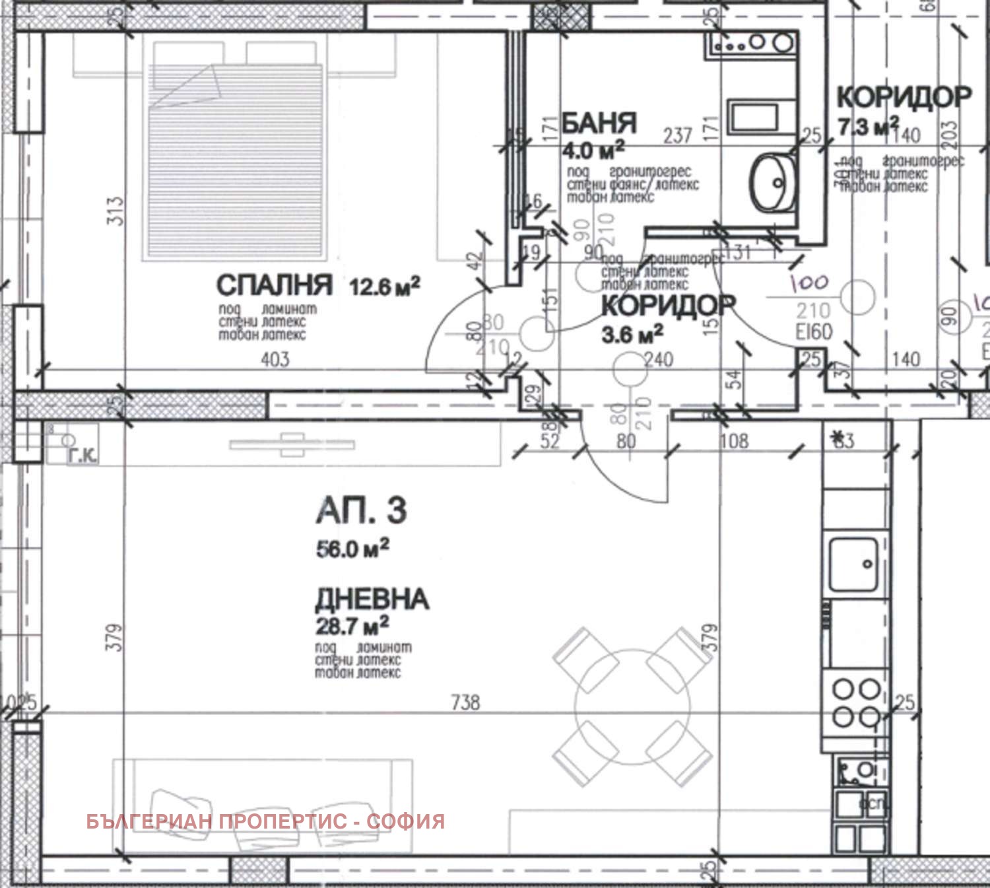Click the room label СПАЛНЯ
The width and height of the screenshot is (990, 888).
click(x=274, y=285)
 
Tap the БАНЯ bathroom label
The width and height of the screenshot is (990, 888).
click(x=599, y=123)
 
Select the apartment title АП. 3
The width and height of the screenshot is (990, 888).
click(x=361, y=511)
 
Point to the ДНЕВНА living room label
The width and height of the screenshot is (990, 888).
click(x=372, y=599)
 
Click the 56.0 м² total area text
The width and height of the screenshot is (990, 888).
click(x=352, y=548)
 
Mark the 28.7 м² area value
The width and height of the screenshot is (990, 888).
click(x=352, y=625)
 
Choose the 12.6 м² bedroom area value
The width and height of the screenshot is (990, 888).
click(x=384, y=287)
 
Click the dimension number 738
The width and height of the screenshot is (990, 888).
click(x=465, y=702)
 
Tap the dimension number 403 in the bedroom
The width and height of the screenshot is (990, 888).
click(x=275, y=359)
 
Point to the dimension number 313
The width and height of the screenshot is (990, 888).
click(x=115, y=211)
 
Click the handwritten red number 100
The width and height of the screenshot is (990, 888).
click(x=810, y=283)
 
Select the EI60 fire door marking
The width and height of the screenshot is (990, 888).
click(x=814, y=331)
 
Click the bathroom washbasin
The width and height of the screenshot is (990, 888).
click(x=773, y=182)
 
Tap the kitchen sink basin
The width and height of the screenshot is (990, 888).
click(x=853, y=564)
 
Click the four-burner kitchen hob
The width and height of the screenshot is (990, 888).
click(x=856, y=702)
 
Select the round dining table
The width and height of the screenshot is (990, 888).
click(x=632, y=707)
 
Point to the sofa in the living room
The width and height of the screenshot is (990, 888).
click(x=263, y=805)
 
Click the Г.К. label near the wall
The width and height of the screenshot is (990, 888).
click(x=82, y=455)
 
